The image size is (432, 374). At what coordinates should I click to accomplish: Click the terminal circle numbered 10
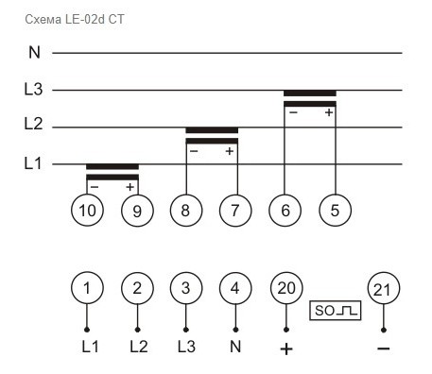(x=87, y=211)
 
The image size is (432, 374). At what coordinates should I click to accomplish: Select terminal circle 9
(x=137, y=211)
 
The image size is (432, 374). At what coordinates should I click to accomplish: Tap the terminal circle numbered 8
(x=186, y=211)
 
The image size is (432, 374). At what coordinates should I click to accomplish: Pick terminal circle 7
(x=235, y=211)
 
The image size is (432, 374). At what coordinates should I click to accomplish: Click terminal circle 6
(x=285, y=211)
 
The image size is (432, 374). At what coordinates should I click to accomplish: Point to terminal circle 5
(x=335, y=211)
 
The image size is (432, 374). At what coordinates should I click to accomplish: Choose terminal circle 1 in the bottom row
(x=87, y=288)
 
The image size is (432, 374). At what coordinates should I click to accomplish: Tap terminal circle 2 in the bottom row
(x=137, y=288)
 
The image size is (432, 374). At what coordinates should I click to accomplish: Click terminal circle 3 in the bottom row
(x=186, y=288)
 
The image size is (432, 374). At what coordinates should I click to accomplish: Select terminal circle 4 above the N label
(x=235, y=288)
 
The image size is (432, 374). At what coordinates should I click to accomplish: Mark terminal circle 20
(x=285, y=288)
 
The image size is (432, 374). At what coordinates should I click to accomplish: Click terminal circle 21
(x=383, y=288)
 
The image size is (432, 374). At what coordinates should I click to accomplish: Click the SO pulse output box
(x=335, y=309)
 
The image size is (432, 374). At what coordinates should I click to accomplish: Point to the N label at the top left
(x=33, y=53)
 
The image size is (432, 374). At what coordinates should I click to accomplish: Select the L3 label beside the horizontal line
(x=33, y=90)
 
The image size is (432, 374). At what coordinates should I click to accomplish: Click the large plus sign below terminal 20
(x=285, y=348)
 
